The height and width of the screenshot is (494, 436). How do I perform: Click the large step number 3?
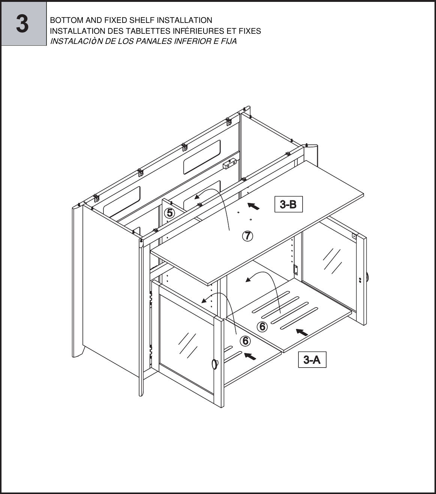point(22,24)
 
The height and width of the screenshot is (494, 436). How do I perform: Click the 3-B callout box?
point(288,204)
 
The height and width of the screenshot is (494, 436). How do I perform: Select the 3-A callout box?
point(312,360)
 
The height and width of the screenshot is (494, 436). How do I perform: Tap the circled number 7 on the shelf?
point(247,236)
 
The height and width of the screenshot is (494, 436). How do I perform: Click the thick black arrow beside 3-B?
point(254,206)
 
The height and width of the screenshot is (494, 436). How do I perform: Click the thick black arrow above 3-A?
point(302,332)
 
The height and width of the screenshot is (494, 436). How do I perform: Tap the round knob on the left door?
point(215,364)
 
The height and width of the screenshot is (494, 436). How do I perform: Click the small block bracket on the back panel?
point(229,163)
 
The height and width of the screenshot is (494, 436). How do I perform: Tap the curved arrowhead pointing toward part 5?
point(197,197)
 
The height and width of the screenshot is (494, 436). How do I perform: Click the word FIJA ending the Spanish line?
point(229,42)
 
